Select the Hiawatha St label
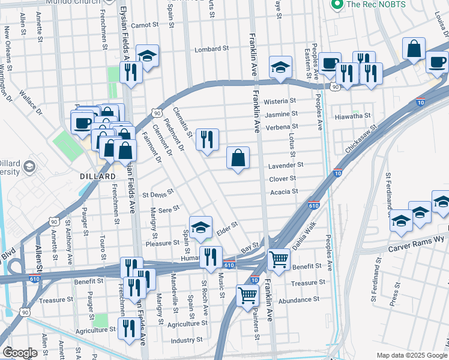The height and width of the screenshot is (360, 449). [x=354, y=116]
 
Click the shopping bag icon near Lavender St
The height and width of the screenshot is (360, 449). [x=238, y=159]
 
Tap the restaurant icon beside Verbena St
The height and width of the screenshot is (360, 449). [x=207, y=140]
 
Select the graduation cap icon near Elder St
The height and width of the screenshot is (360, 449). [x=200, y=227]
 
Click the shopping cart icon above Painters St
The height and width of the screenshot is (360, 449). [x=247, y=295]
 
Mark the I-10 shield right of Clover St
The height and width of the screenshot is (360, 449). [x=338, y=173]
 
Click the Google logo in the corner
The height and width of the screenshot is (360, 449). [x=19, y=353]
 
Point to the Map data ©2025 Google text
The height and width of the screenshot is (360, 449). [x=411, y=355]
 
